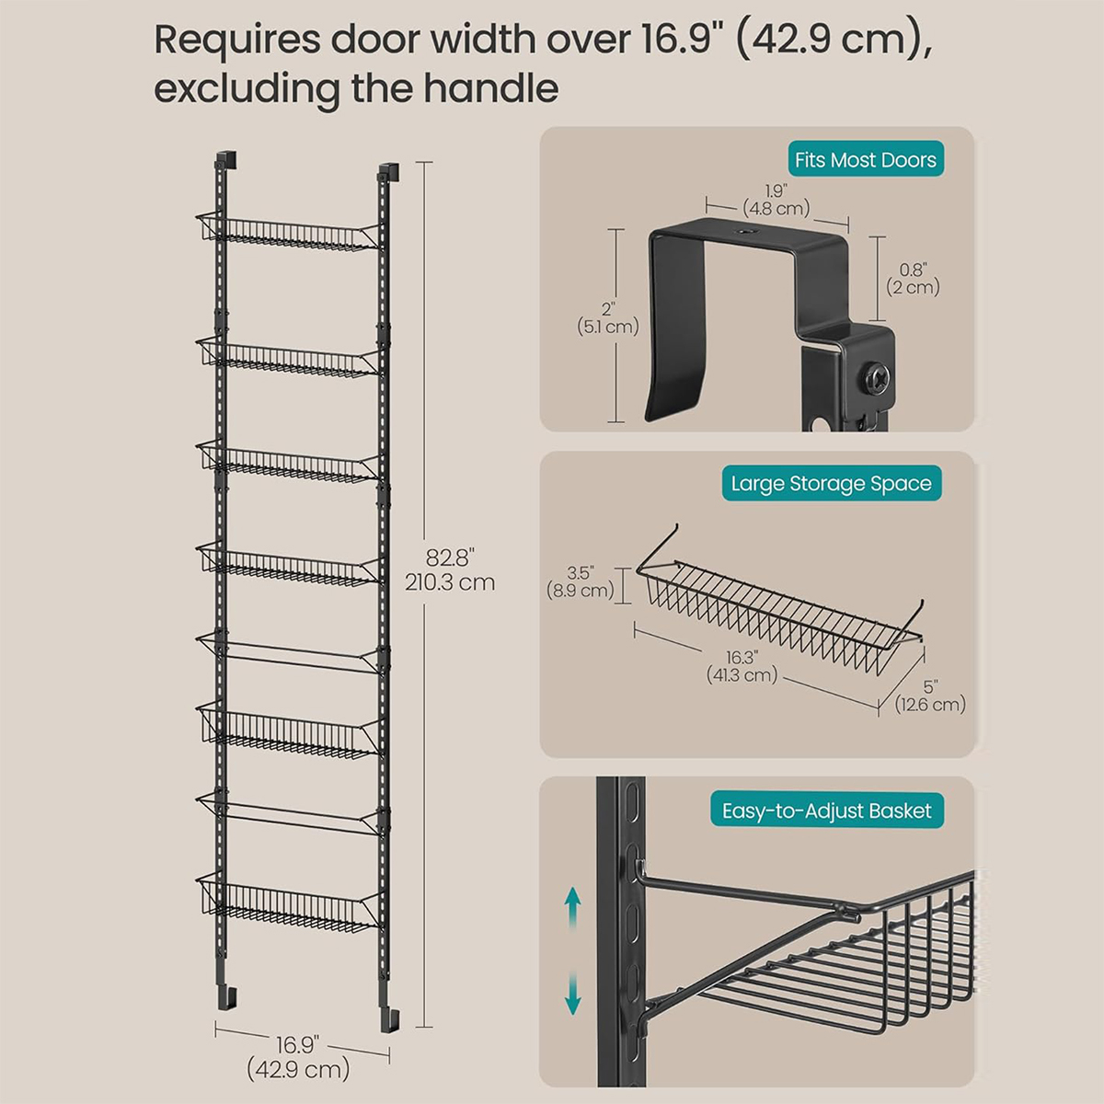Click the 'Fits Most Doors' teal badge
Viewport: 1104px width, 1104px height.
[x=865, y=158]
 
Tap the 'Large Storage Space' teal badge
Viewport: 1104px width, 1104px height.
[x=832, y=483]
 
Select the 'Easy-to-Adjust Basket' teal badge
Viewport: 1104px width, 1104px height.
[x=827, y=811]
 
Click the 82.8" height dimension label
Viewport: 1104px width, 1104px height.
[x=450, y=569]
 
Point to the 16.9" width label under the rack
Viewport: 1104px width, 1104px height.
[x=298, y=1044]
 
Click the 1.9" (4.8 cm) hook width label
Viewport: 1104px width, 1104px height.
[x=776, y=200]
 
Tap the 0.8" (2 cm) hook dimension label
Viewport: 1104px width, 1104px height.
[x=914, y=278]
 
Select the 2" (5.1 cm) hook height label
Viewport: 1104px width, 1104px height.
[x=608, y=318]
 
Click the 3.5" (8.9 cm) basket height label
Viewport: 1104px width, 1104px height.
[x=580, y=581]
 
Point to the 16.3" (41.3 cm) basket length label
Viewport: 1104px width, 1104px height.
[x=742, y=666]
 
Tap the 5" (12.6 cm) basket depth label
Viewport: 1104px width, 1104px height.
[x=930, y=695]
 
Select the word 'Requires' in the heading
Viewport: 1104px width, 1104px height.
[x=237, y=41]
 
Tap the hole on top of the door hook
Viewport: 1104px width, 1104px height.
[x=746, y=232]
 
